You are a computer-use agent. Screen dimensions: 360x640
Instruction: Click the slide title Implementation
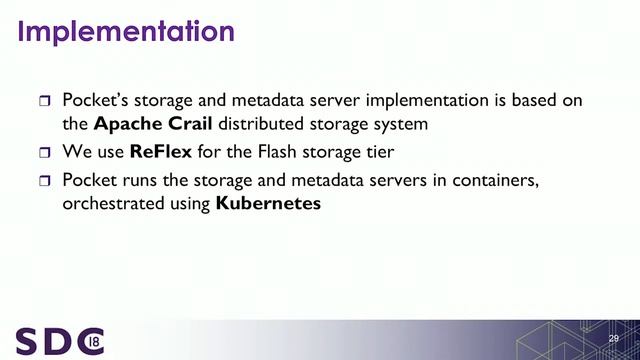(x=126, y=31)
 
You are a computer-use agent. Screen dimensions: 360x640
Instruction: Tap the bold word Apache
(x=130, y=125)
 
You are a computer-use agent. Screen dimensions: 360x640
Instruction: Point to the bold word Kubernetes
(x=268, y=205)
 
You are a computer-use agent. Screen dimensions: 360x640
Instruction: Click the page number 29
(x=614, y=341)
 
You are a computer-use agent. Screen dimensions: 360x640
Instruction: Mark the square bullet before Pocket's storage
(x=44, y=101)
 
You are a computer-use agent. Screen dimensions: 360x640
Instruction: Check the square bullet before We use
(x=44, y=154)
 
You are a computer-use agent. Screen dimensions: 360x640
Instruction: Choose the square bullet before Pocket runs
(x=44, y=181)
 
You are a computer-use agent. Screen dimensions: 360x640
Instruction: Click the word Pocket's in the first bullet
(x=97, y=100)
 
